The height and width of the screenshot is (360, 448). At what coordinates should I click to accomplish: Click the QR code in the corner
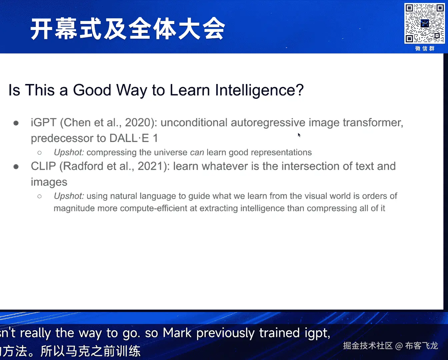tap(424, 23)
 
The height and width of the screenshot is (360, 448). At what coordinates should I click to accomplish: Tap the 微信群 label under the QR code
tap(425, 49)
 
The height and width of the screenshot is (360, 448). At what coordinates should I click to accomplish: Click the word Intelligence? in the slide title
tap(259, 90)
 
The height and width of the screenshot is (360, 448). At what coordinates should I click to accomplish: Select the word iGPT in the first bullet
tap(44, 122)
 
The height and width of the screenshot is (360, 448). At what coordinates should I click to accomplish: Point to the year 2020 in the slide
tap(138, 122)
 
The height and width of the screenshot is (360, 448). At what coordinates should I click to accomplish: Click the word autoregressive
tap(268, 123)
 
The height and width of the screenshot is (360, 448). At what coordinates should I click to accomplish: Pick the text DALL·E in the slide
tap(129, 138)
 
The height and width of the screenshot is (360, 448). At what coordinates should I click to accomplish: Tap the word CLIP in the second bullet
tap(43, 166)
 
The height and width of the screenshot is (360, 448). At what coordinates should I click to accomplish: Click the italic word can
tap(197, 152)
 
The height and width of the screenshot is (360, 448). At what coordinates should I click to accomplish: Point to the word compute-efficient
tap(154, 208)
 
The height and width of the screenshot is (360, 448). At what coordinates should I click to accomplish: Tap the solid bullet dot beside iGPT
tap(16, 123)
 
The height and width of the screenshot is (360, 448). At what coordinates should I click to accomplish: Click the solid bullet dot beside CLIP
tap(16, 167)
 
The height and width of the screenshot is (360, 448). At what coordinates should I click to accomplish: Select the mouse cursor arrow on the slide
tap(299, 135)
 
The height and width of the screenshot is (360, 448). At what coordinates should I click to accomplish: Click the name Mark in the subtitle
tap(177, 333)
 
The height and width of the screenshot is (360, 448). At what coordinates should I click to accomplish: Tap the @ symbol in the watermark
tap(399, 346)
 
